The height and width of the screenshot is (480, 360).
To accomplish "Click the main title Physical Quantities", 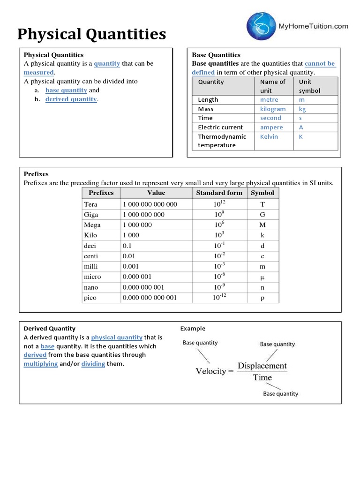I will (91, 34).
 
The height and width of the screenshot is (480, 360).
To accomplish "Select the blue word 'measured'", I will (39, 72).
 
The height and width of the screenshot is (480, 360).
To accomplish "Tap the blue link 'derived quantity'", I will (71, 99).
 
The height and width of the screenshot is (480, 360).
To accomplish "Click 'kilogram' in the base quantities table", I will (273, 109).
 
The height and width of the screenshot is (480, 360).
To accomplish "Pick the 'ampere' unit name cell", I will (271, 127).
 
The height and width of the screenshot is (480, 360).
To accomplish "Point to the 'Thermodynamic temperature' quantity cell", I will (222, 141).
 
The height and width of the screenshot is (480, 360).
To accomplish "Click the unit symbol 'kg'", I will (302, 109).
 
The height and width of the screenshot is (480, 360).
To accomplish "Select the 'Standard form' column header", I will (219, 193).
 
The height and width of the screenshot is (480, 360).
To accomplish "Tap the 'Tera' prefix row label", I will (90, 204).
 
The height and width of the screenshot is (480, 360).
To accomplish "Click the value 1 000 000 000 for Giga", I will (143, 215).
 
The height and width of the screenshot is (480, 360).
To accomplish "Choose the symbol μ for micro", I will (262, 277).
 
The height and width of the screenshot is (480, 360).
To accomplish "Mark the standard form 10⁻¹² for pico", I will (219, 297).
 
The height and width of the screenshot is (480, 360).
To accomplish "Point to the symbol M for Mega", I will (262, 225).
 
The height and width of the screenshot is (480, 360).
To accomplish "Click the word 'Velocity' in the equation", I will (210, 371).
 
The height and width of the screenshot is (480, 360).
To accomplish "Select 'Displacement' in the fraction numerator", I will (262, 366).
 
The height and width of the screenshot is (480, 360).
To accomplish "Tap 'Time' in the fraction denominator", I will (262, 378).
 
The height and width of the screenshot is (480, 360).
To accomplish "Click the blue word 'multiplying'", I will (41, 364).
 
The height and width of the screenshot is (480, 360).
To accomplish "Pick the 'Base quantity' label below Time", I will (280, 394).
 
